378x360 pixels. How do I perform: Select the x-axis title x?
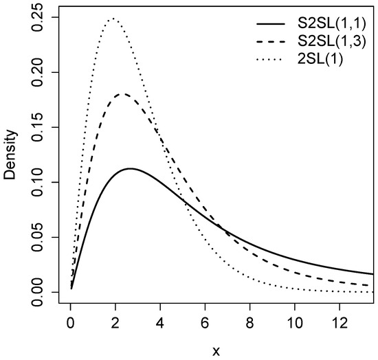(216, 351)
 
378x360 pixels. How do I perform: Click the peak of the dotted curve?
(113, 19)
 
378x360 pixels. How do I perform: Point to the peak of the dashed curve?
(123, 94)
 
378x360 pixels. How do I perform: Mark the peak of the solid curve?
(130, 168)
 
